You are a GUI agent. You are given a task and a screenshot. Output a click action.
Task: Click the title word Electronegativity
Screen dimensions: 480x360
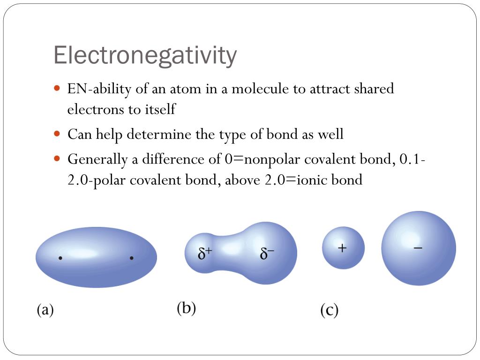(x=145, y=55)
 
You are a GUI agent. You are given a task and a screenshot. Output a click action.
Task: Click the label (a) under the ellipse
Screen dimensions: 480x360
(x=45, y=310)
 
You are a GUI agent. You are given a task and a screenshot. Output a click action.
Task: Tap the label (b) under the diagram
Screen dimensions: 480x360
(x=186, y=308)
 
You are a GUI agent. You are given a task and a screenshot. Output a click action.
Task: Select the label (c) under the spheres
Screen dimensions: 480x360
(x=329, y=310)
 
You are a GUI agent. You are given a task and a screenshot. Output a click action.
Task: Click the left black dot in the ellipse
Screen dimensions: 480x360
(x=60, y=258)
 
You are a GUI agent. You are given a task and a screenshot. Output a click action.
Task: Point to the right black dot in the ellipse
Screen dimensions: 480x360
(x=132, y=258)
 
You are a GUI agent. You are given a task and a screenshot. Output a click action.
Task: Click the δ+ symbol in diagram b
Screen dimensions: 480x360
(x=205, y=254)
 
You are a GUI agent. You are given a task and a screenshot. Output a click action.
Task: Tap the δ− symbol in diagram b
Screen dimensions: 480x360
(x=267, y=254)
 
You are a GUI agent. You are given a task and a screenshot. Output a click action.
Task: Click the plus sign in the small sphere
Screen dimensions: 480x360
(x=342, y=248)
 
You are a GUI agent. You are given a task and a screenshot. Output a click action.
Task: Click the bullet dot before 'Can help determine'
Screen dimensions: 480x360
(x=57, y=134)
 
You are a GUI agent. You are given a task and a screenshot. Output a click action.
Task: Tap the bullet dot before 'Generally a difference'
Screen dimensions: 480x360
(x=57, y=158)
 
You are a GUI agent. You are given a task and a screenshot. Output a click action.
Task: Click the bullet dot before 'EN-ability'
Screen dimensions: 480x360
(x=57, y=88)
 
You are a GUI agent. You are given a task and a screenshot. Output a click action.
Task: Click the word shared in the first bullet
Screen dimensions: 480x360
(x=375, y=89)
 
